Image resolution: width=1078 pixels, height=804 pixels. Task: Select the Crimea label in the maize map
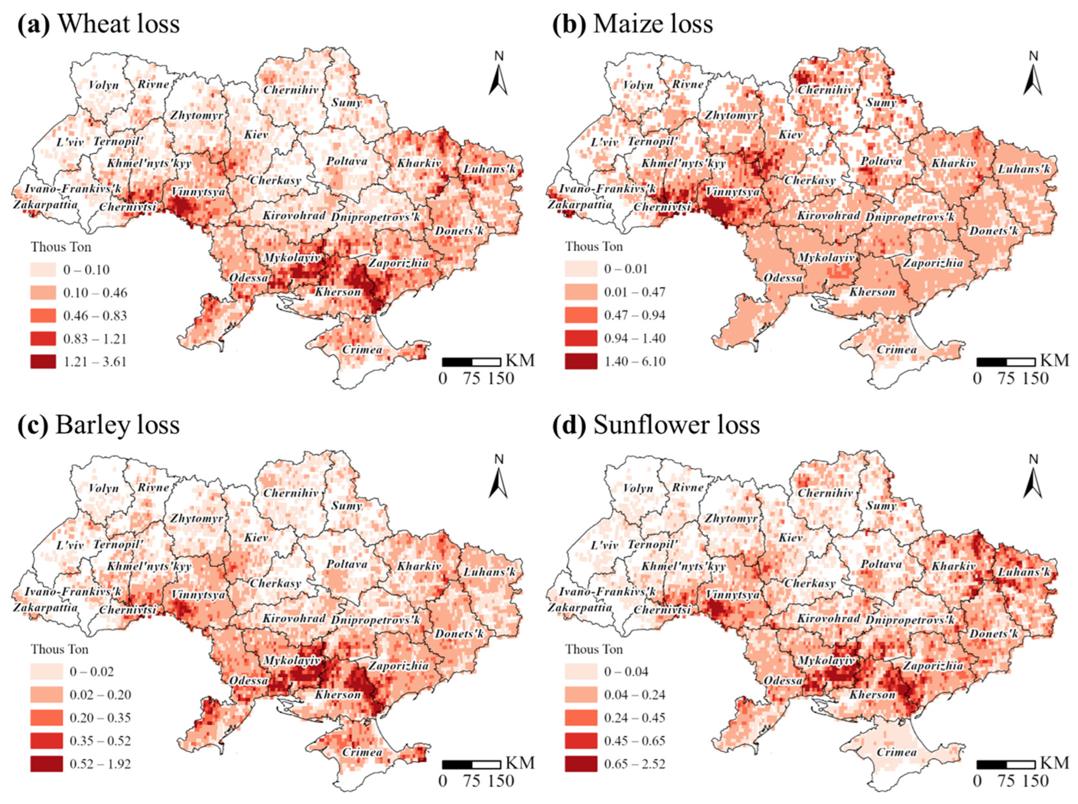coord(896,349)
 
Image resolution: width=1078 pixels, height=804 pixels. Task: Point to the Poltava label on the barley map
coord(346,564)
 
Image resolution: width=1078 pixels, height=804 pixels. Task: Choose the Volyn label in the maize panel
coord(638,85)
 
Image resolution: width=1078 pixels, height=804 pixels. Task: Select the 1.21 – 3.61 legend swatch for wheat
coord(43,362)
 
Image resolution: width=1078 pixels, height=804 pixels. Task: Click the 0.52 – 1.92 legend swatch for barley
coord(46,763)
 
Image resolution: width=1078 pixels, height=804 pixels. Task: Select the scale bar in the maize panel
coord(1005,362)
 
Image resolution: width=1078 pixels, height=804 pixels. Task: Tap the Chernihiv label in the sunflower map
coord(825,493)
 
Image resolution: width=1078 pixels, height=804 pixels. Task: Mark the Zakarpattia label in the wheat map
coord(45,204)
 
